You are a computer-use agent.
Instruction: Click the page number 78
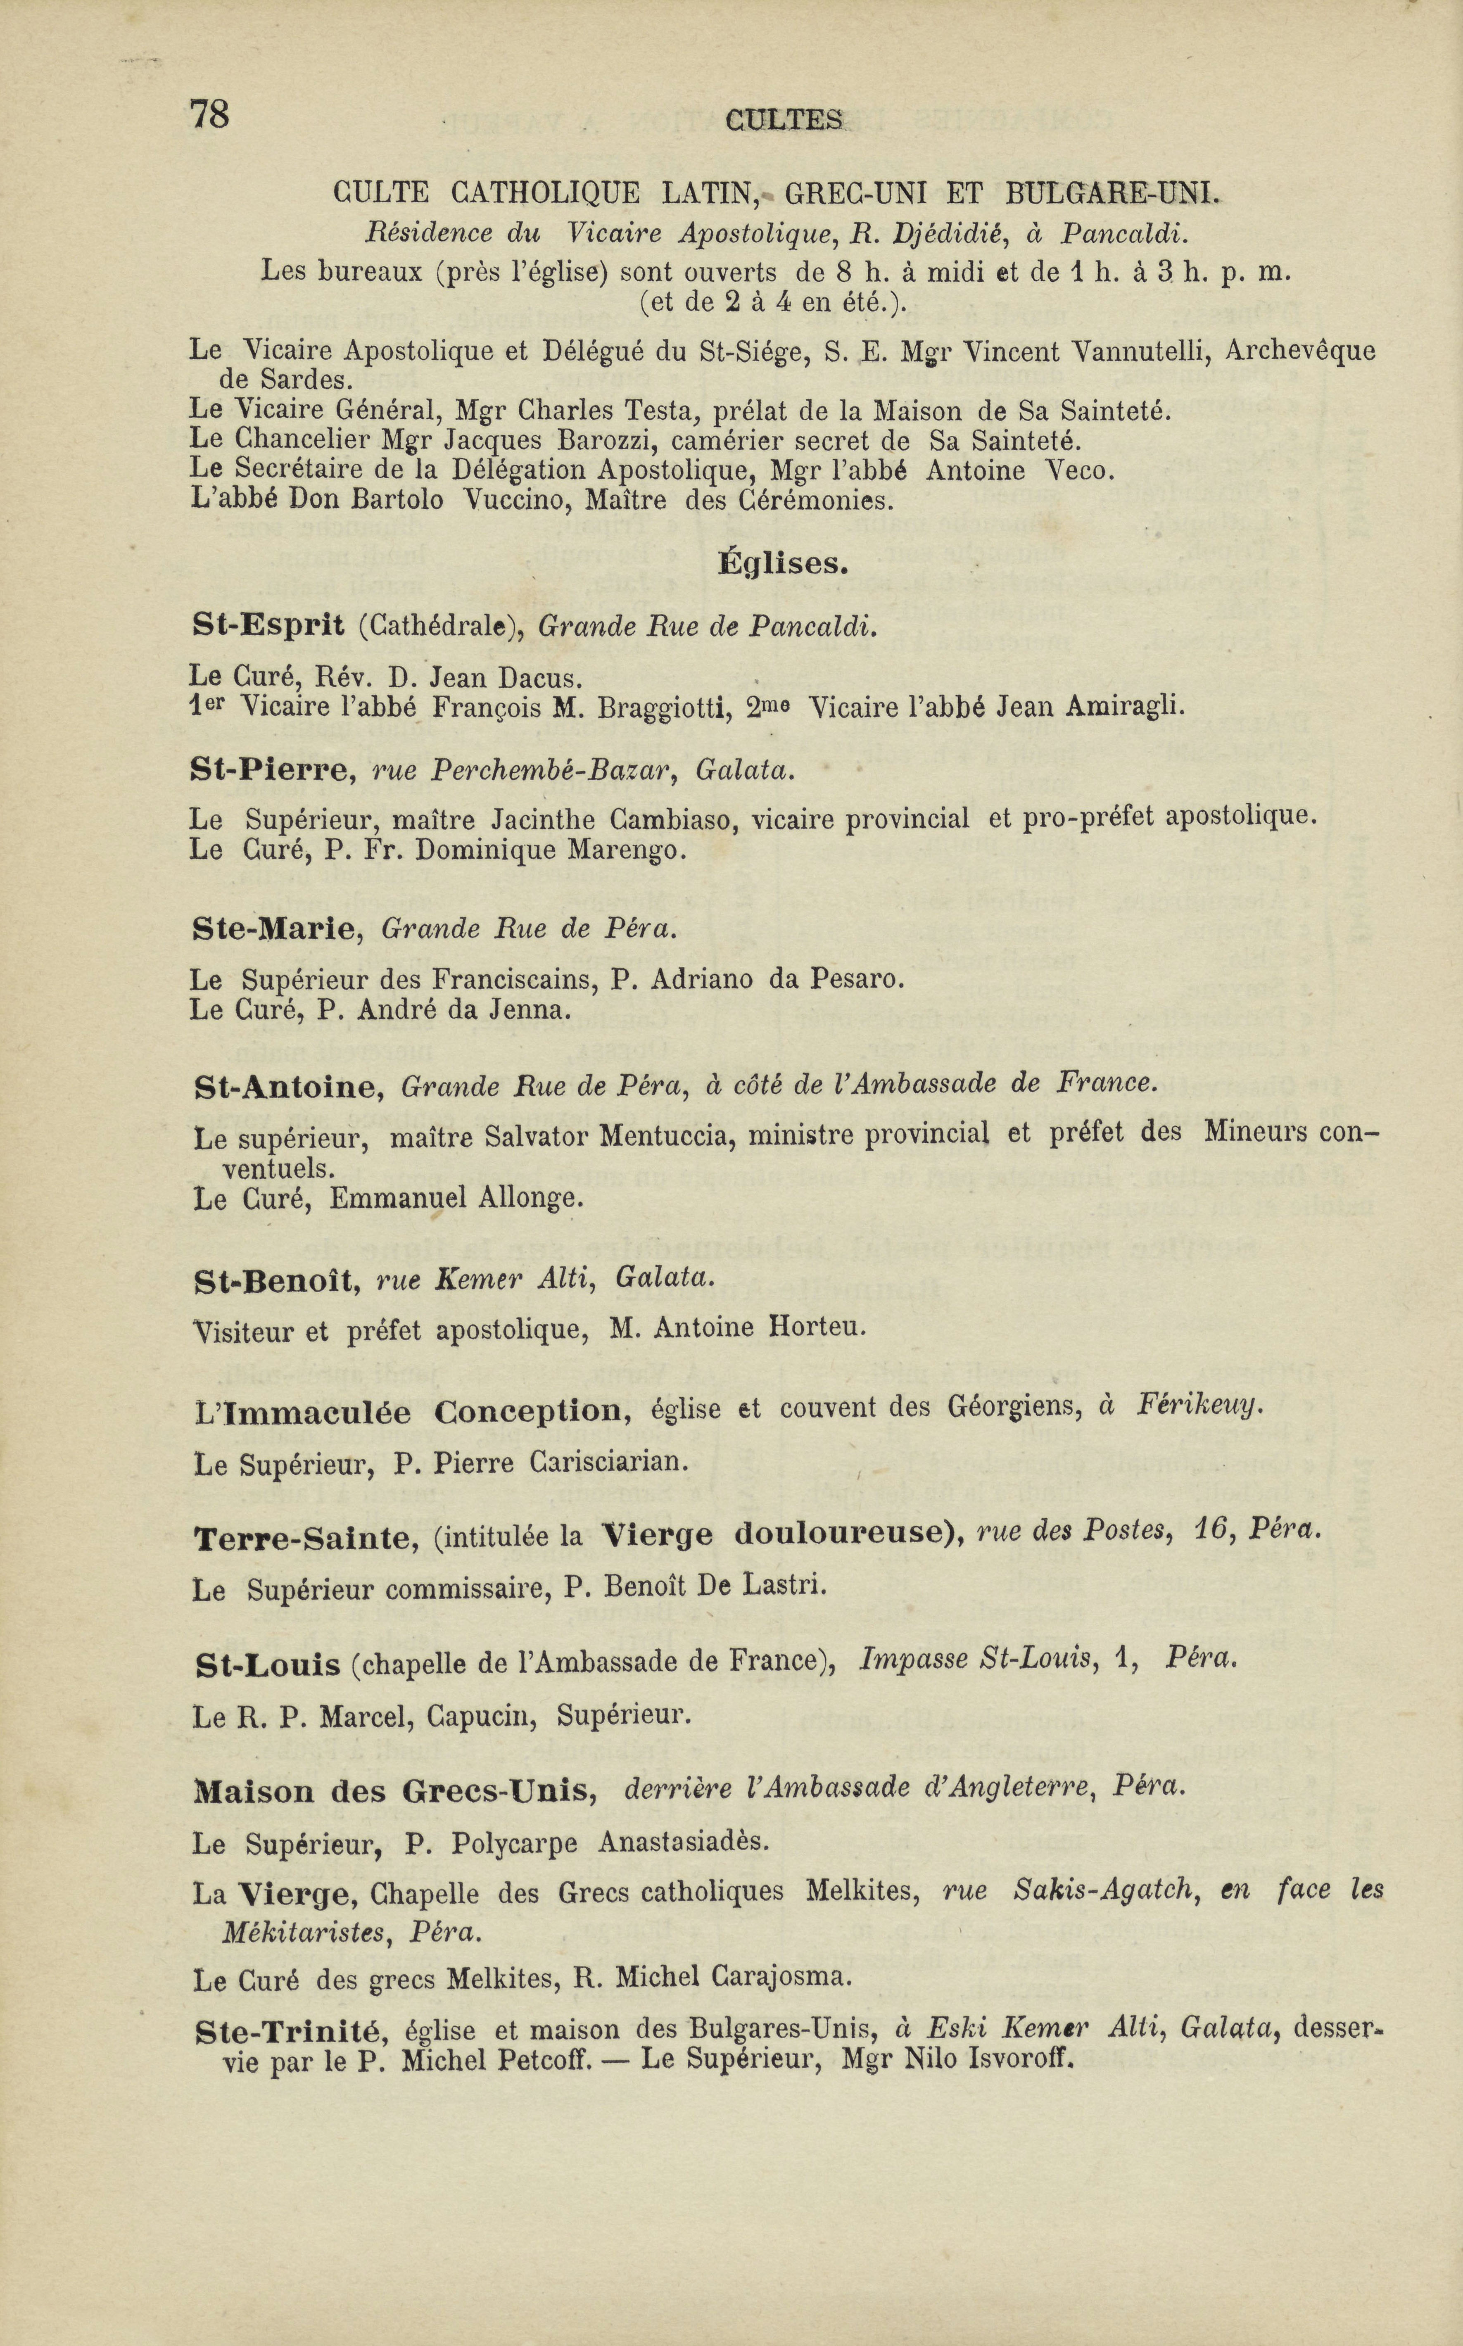(x=210, y=114)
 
